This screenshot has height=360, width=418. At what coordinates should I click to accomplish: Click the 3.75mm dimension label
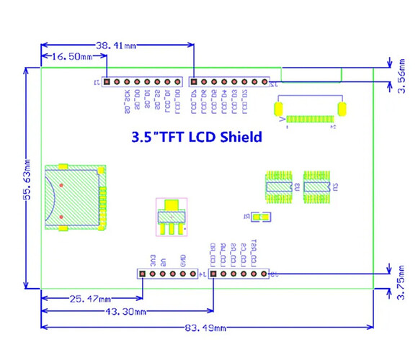pos(401,282)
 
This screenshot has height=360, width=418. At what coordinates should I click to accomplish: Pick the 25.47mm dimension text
pos(89,298)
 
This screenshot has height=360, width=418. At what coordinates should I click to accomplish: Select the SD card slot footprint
pos(75,197)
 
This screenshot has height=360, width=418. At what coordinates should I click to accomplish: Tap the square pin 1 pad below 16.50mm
pos(107,83)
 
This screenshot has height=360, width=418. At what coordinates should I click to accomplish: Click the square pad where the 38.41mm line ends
pos(194,83)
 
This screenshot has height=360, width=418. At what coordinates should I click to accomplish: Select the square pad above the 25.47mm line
pos(142,274)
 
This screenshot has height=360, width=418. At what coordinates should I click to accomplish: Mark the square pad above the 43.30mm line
pos(213,274)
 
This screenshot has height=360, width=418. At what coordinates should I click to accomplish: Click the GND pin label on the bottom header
pos(183,260)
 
